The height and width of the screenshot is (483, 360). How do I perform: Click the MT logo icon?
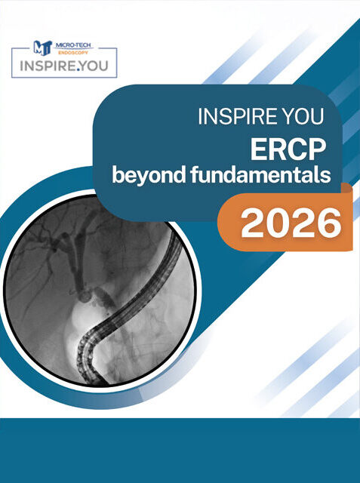42,48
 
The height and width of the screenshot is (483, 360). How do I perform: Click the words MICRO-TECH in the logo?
73,45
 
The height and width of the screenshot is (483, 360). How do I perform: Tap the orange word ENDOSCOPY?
73,53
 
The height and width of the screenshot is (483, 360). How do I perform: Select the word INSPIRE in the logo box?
48,66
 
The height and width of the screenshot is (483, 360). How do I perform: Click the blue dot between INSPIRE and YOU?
78,70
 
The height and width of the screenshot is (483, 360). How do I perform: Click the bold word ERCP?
288,149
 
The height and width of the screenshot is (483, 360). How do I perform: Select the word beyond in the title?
149,175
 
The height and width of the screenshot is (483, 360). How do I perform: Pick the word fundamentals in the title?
261,174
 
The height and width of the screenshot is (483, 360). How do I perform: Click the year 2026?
291,223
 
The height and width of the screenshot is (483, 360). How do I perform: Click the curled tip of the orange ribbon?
347,187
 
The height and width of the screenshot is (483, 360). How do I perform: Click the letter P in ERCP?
317,149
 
